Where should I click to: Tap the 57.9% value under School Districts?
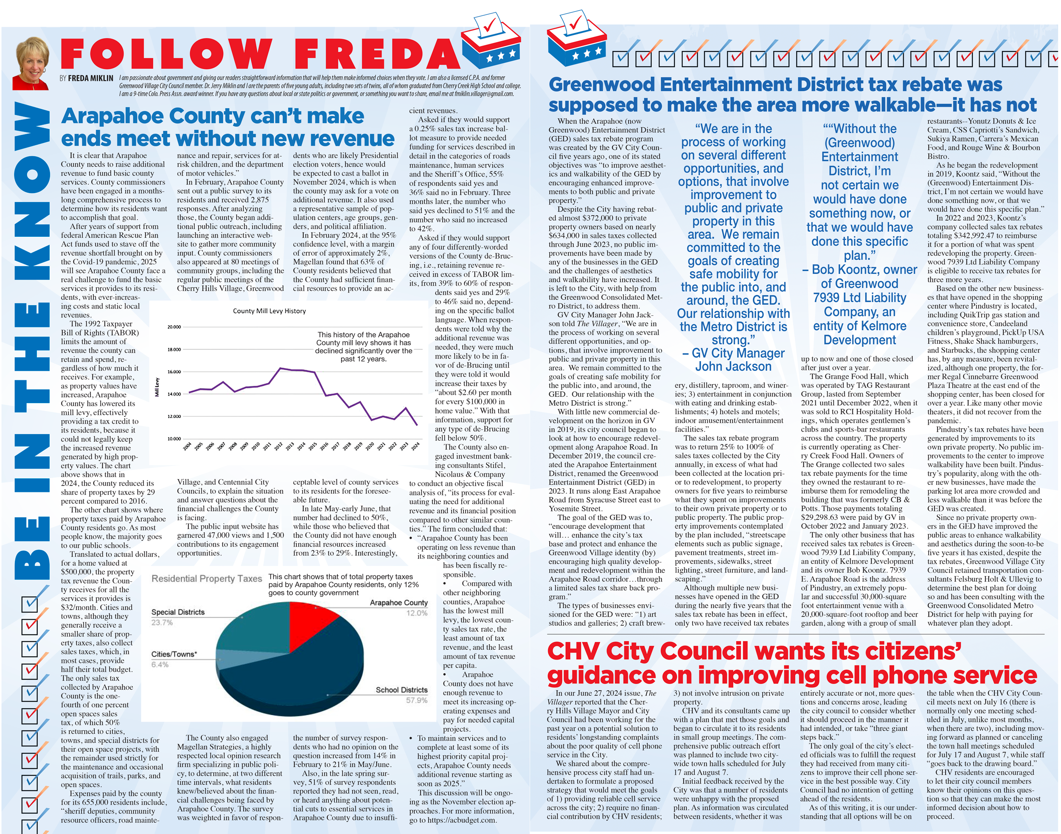(416, 700)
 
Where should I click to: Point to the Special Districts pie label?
(178, 612)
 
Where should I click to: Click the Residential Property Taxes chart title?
(207, 578)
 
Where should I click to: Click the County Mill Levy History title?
(269, 311)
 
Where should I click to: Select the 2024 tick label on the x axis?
(415, 446)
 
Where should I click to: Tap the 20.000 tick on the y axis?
(174, 327)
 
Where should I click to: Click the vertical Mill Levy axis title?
(157, 387)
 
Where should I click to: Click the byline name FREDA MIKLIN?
(91, 78)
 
